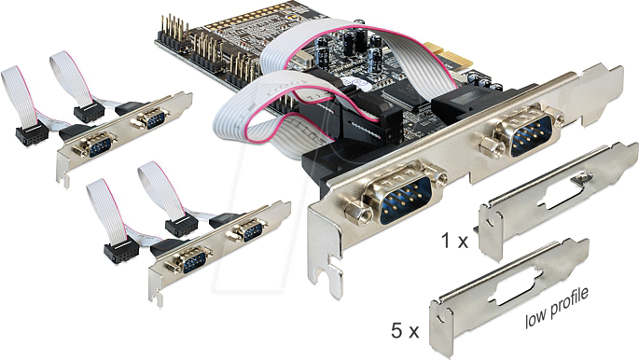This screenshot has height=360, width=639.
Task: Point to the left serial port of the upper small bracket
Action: (x=93, y=145)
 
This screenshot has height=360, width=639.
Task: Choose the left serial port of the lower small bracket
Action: (x=188, y=260)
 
